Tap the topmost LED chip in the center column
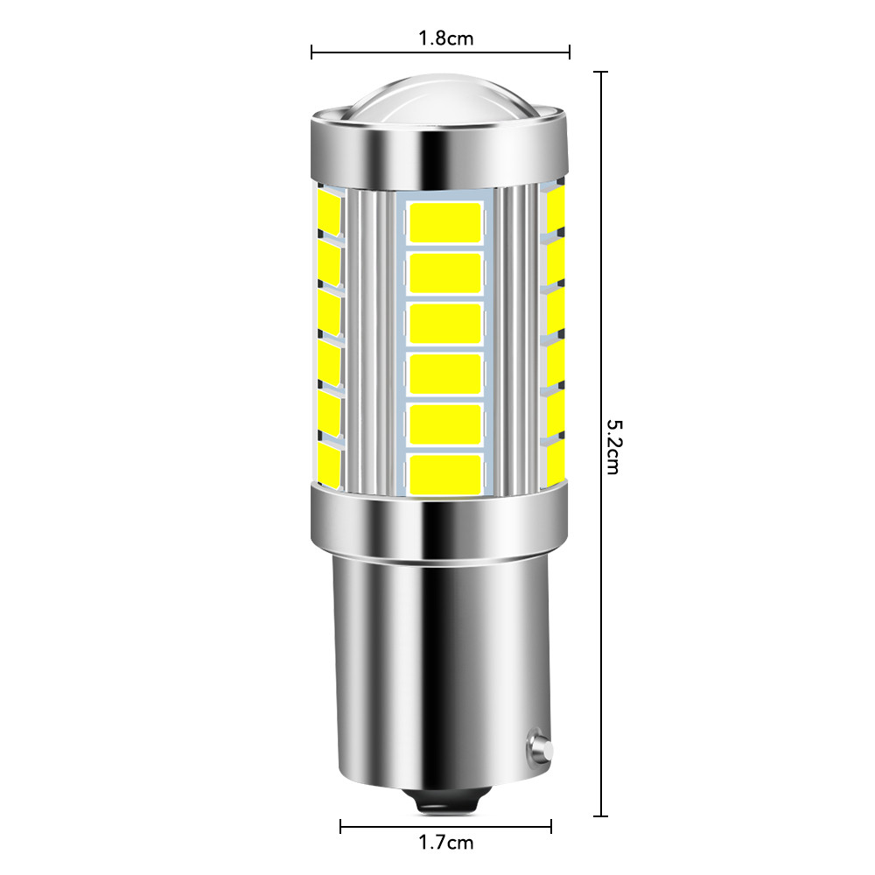click(x=445, y=222)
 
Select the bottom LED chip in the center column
click(x=445, y=473)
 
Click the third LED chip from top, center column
click(x=445, y=323)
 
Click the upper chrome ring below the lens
click(x=441, y=147)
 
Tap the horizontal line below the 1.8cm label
click(x=441, y=52)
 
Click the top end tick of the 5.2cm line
click(x=600, y=72)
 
